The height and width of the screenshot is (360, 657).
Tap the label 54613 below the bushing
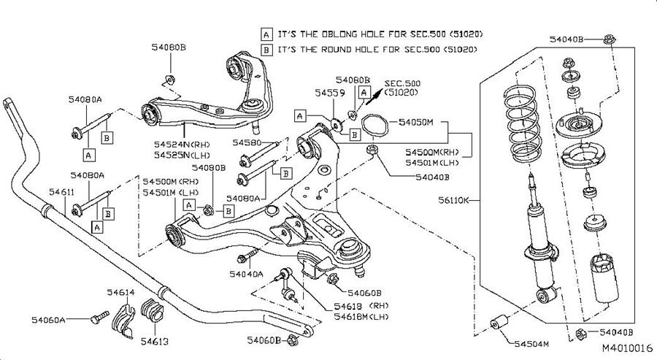[154, 340]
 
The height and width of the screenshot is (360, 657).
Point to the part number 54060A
[49, 319]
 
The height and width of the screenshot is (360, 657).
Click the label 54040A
[246, 275]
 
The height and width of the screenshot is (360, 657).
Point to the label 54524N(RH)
[178, 144]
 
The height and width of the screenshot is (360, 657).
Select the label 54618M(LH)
[361, 316]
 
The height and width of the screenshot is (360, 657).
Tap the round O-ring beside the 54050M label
[374, 126]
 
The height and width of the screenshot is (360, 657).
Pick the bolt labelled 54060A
[96, 318]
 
